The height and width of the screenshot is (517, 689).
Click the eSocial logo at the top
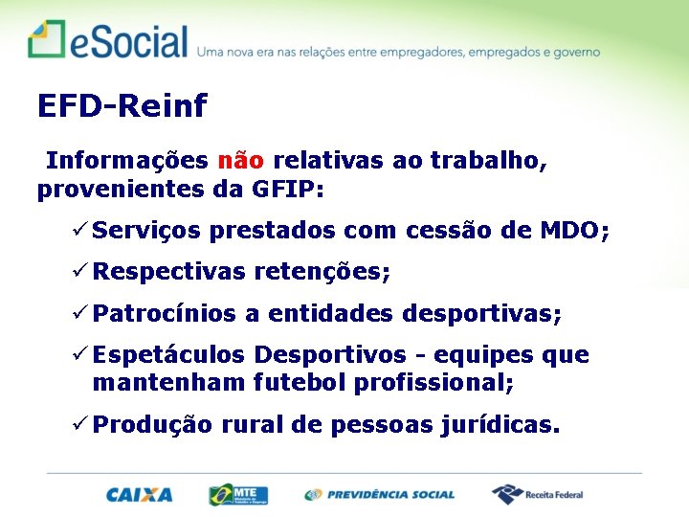pos(107,41)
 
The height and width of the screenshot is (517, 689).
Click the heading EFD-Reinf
pos(122,106)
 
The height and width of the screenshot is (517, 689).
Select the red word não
pos(240,160)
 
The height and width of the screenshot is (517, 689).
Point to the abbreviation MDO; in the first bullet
pos(574,231)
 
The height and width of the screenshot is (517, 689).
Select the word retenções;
pos(322,273)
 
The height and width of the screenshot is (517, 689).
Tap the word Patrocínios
pos(166,314)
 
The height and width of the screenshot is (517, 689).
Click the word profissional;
pos(433,383)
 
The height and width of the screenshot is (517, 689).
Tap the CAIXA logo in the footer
pos(140,495)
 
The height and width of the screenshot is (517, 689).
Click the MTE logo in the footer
pos(238,494)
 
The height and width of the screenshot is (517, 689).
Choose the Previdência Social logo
pos(380,495)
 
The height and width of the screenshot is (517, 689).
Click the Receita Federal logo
pos(537,494)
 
